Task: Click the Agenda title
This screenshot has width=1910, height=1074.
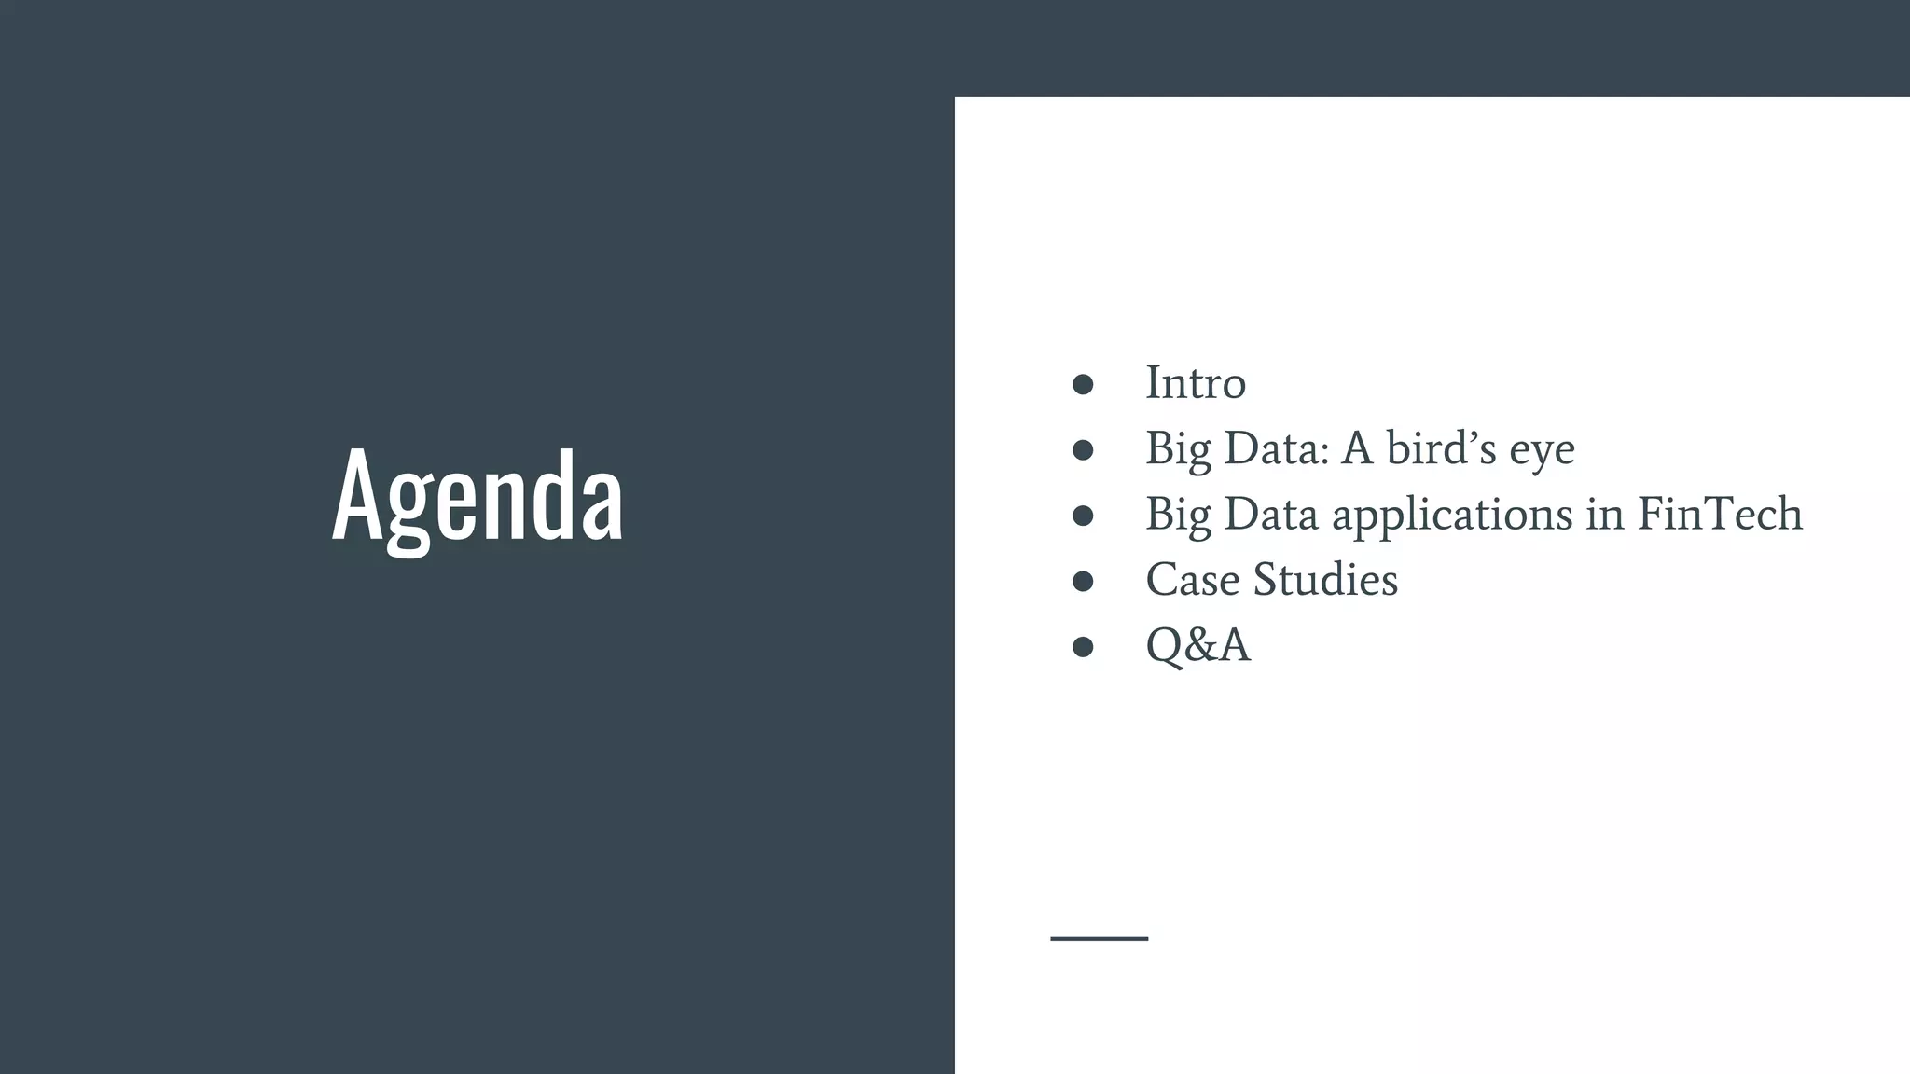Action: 477,495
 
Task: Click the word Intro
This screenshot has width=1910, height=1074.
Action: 1195,383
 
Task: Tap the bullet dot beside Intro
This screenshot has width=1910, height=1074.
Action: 1083,385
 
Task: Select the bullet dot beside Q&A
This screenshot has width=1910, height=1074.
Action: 1083,647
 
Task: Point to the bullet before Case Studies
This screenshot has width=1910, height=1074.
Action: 1083,582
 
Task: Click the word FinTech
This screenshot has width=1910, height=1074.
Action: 1720,514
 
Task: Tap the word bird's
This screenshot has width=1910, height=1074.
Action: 1441,448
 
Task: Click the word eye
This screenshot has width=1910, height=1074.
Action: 1543,451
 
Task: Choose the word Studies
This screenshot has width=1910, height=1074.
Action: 1325,580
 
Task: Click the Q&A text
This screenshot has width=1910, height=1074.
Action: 1197,645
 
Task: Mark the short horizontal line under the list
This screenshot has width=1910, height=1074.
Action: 1099,938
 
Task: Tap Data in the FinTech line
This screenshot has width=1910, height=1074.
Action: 1270,514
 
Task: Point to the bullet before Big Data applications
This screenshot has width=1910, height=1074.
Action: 1083,516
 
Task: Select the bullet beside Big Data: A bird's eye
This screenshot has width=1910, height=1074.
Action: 1083,450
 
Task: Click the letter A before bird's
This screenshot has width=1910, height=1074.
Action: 1357,448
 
